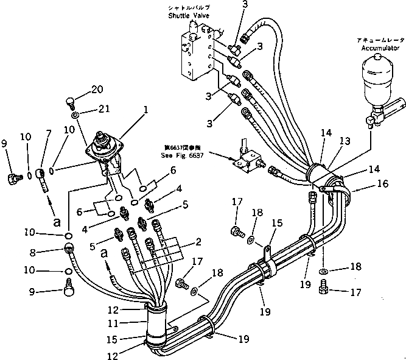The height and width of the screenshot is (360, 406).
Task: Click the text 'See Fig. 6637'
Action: tap(182, 155)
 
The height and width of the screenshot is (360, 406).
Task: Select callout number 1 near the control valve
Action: tap(145, 111)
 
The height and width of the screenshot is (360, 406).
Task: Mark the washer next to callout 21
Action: tap(74, 114)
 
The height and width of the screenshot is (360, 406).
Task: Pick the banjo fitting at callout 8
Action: tap(68, 249)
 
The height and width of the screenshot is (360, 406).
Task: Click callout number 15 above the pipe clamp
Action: tap(277, 224)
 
